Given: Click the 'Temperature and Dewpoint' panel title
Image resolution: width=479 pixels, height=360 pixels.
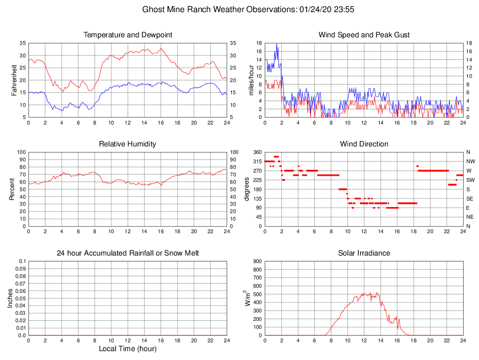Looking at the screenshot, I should (128, 35).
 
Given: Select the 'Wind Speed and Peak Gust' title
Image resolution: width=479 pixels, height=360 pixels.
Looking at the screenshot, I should (364, 35).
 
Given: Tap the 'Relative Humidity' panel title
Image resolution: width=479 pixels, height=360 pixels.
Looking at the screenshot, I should (128, 144).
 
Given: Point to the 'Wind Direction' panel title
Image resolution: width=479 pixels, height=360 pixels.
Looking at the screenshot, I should (364, 144).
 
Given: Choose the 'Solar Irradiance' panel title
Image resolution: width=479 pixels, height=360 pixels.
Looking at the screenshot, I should (364, 253).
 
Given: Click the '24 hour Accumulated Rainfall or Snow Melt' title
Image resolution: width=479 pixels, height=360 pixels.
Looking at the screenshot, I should (128, 253).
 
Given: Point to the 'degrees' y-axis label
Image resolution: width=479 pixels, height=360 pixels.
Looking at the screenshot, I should (247, 189).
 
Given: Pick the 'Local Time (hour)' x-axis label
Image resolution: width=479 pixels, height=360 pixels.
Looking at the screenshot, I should (128, 349).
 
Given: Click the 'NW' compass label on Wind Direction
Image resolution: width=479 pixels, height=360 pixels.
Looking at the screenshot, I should (470, 161).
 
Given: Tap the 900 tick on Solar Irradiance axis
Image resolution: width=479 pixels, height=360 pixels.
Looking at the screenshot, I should (257, 261).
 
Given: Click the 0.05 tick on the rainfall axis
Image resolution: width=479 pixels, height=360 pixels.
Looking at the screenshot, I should (20, 298).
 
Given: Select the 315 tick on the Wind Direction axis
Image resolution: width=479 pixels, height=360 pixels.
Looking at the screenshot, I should (257, 161).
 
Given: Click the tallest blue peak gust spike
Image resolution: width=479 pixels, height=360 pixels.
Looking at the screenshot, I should (277, 44).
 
